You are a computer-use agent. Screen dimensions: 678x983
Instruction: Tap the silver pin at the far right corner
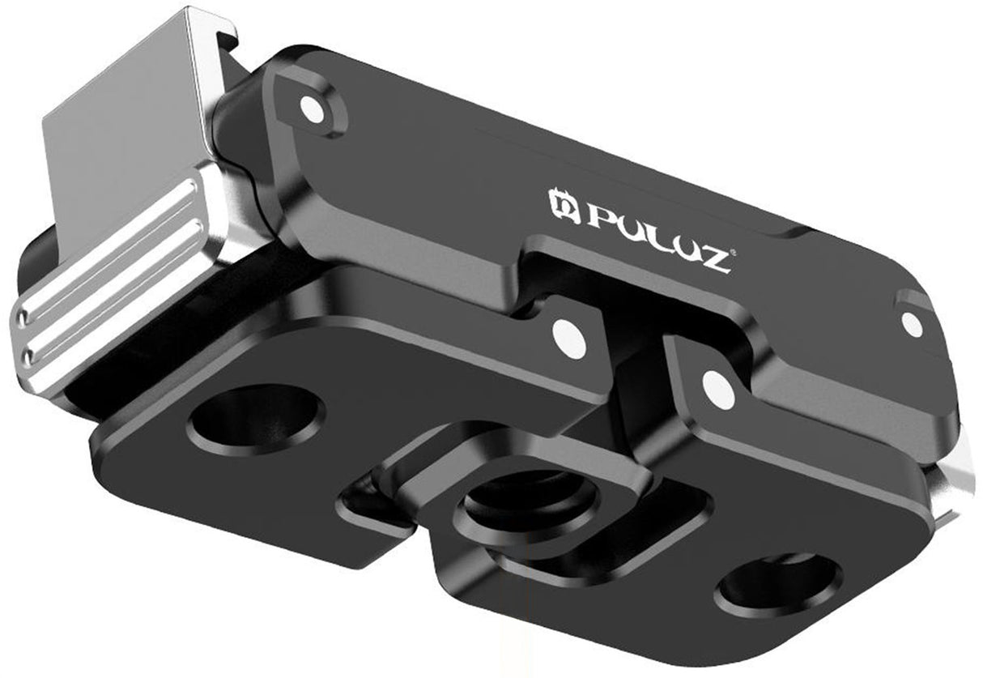912,324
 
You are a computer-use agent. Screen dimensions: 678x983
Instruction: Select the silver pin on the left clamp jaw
568,339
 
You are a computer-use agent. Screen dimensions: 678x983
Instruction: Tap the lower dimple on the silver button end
29,354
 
